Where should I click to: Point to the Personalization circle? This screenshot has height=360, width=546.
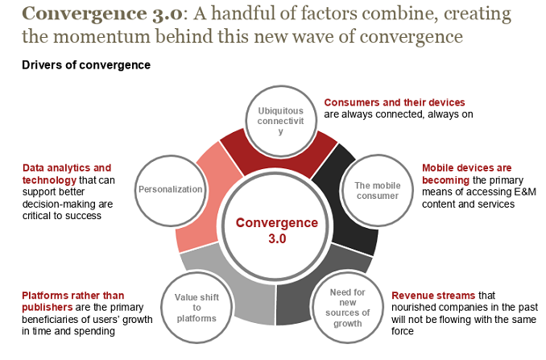[x=170, y=189]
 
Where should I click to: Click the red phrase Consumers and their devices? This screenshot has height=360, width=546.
[x=395, y=102]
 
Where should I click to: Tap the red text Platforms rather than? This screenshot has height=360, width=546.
[x=73, y=295]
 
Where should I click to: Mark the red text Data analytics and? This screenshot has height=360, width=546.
[x=67, y=168]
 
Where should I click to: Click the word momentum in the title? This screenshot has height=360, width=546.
[x=110, y=36]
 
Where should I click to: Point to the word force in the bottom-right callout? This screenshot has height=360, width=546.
[x=403, y=331]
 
